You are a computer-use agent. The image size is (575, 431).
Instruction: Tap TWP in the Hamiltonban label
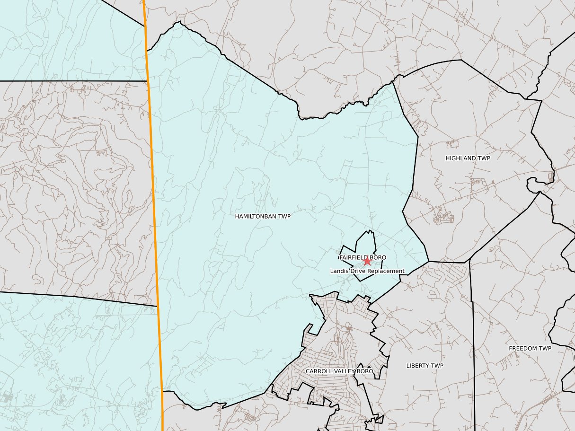point(284,216)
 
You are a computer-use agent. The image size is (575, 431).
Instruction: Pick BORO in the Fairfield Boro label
point(378,257)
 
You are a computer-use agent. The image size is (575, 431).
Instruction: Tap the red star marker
point(367,261)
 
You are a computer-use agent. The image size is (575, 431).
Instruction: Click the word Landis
point(339,271)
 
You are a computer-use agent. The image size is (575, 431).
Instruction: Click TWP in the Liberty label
point(438,366)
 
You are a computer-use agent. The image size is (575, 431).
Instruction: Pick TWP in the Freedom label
point(546,349)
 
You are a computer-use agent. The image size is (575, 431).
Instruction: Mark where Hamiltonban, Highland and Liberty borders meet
point(429,261)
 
